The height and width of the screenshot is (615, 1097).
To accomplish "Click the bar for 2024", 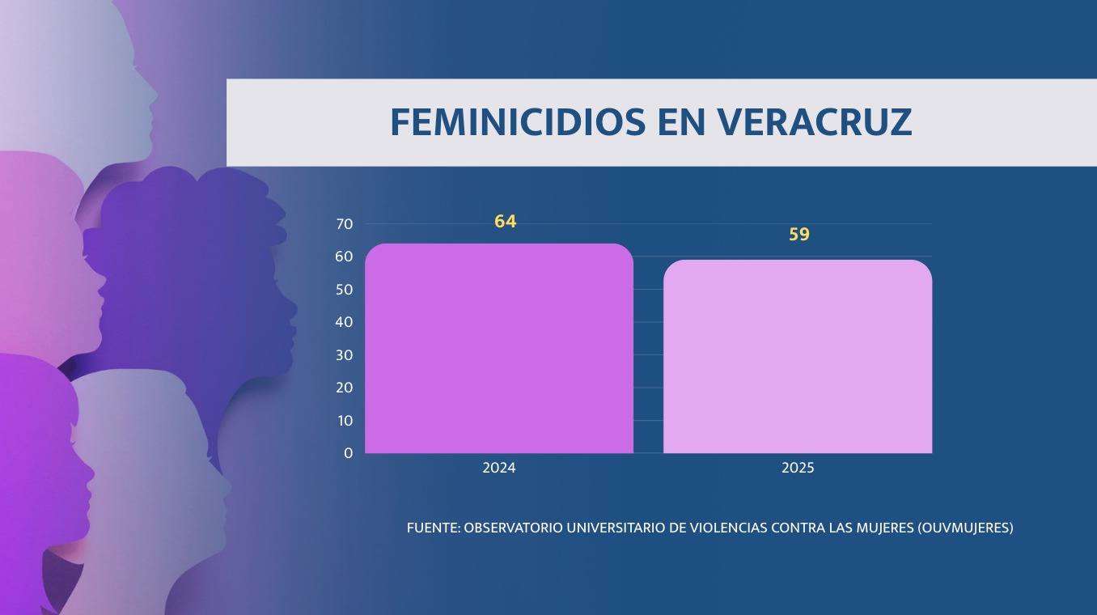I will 498,348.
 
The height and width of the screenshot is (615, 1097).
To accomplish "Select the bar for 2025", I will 798,356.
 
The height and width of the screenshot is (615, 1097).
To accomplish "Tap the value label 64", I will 506,222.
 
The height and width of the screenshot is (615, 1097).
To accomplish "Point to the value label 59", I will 799,235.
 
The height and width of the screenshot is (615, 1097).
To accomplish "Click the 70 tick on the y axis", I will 344,224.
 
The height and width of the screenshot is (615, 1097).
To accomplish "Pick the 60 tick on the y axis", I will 344,257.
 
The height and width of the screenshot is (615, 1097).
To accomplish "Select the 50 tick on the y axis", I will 344,290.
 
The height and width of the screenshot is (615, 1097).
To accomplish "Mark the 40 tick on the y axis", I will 344,322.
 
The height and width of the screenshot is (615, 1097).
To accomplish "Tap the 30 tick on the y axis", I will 344,355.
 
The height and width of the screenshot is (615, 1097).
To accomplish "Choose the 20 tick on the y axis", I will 344,388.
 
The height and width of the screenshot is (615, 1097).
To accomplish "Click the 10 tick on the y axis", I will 344,421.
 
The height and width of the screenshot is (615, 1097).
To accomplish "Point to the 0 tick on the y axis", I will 349,453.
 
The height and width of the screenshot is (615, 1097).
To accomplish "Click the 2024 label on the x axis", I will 499,468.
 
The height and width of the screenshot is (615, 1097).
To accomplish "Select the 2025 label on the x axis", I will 798,468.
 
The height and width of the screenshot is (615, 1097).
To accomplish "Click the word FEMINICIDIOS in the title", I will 518,122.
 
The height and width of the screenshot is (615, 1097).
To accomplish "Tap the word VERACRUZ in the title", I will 815,122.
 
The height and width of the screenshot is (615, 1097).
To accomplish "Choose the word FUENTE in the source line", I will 433,528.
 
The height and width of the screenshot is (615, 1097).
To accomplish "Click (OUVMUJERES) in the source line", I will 966,528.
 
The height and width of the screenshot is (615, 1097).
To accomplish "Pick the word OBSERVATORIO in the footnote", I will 513,528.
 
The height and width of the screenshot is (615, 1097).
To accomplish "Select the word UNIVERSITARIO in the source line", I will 616,528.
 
